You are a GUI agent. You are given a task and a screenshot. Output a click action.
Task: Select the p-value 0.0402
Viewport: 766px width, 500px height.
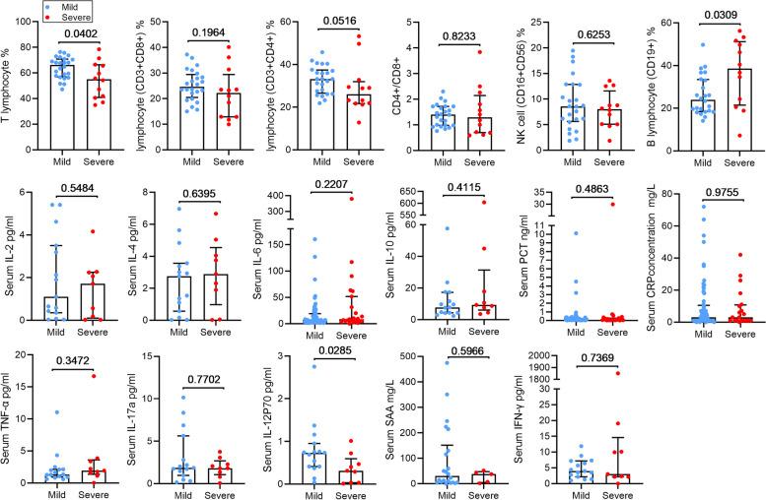click(82, 34)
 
